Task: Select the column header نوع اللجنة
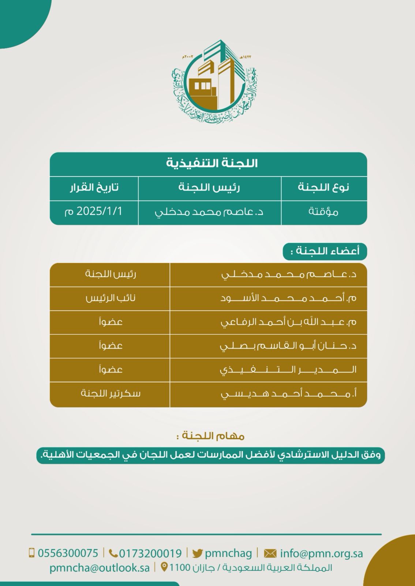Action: click(x=323, y=188)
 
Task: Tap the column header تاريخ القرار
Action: click(x=94, y=188)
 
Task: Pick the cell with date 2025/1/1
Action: click(x=94, y=212)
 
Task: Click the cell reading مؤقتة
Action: click(x=323, y=212)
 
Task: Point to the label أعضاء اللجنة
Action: click(x=325, y=251)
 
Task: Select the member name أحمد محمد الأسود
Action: click(x=288, y=298)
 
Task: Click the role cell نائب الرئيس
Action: click(x=111, y=298)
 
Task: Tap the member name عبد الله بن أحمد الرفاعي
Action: click(x=288, y=322)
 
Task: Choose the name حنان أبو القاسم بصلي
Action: click(x=288, y=346)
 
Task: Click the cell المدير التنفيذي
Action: click(x=288, y=370)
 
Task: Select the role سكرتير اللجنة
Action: click(x=111, y=393)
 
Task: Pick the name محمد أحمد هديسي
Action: click(x=288, y=394)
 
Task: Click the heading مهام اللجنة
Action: click(x=210, y=436)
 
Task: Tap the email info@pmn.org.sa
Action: click(x=321, y=553)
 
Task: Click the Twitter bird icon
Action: click(x=198, y=553)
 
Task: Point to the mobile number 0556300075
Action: click(x=68, y=553)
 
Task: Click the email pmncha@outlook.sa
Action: click(x=100, y=568)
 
